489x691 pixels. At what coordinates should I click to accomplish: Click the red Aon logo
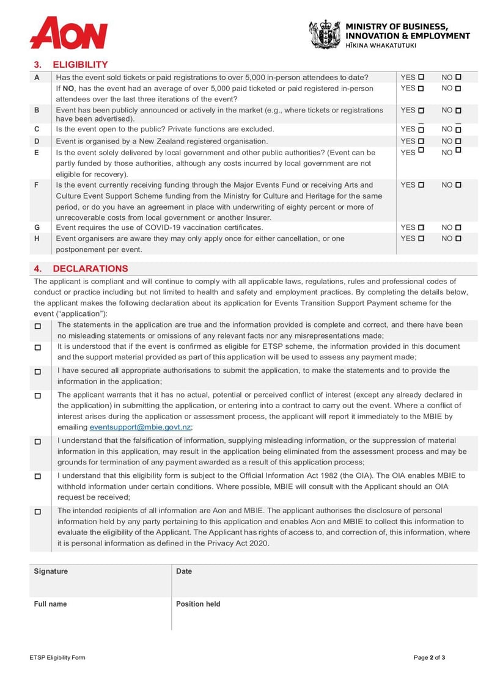pyautogui.click(x=68, y=32)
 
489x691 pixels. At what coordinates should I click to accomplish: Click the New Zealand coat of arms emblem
pyautogui.click(x=324, y=34)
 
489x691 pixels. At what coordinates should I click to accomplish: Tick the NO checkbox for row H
pyautogui.click(x=458, y=239)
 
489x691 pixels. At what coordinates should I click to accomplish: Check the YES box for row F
pyautogui.click(x=421, y=185)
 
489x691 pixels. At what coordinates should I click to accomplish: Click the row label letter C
pyautogui.click(x=37, y=130)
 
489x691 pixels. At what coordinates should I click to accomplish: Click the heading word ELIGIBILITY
pyautogui.click(x=80, y=65)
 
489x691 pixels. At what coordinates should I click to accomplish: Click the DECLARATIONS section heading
pyautogui.click(x=90, y=269)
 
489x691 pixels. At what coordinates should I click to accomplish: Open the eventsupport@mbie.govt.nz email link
pyautogui.click(x=140, y=427)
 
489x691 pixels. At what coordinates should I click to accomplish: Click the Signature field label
pyautogui.click(x=51, y=571)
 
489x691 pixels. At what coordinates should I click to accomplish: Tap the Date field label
pyautogui.click(x=184, y=571)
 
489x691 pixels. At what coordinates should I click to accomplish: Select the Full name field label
pyautogui.click(x=50, y=604)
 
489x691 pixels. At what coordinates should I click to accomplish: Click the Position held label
pyautogui.click(x=198, y=604)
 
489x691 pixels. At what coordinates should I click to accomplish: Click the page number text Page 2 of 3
pyautogui.click(x=429, y=658)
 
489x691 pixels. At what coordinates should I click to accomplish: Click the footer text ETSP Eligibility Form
pyautogui.click(x=57, y=658)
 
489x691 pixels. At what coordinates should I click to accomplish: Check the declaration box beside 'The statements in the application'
pyautogui.click(x=38, y=326)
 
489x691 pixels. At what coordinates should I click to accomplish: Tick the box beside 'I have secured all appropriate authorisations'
pyautogui.click(x=38, y=371)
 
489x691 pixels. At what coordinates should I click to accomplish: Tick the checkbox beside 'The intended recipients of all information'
pyautogui.click(x=38, y=511)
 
